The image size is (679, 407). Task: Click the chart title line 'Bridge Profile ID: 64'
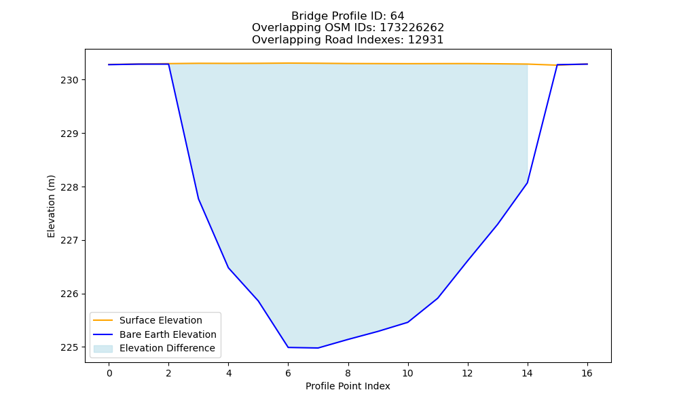348,16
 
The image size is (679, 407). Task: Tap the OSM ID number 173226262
412,28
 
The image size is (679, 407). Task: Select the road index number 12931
426,40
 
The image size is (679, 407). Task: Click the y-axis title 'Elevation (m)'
51,206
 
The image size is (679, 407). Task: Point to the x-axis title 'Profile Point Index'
348,386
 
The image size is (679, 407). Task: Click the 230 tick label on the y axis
69,81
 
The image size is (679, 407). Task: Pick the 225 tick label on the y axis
69,348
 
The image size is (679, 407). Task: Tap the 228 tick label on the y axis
69,187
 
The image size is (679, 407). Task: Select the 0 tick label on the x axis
109,373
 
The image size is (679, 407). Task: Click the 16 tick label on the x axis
587,373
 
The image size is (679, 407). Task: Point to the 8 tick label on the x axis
348,373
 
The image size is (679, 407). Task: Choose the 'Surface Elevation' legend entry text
161,320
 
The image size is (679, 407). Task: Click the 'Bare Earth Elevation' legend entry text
168,334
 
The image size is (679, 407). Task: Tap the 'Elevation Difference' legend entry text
167,348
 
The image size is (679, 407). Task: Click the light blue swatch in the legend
103,349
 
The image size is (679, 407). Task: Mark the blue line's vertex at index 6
288,347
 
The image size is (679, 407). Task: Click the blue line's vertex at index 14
527,183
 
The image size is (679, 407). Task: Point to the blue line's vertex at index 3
198,199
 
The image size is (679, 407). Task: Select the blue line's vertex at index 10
407,322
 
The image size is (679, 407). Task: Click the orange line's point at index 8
348,64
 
